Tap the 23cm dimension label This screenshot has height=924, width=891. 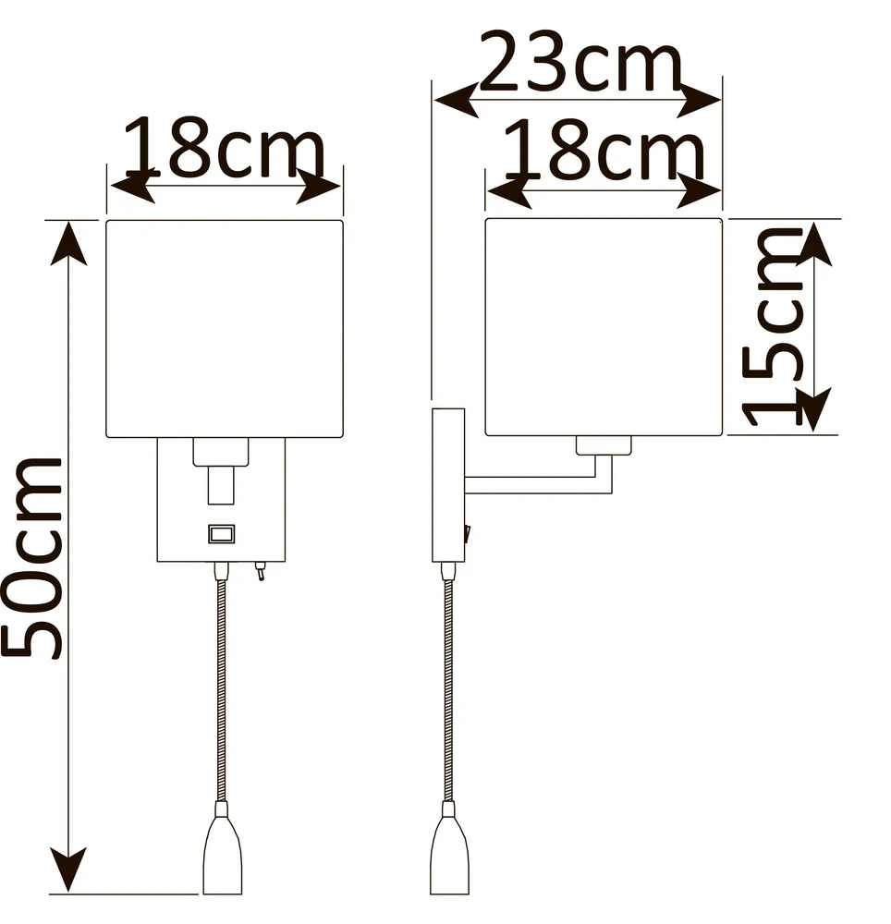tap(581, 62)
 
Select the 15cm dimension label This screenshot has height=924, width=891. tap(773, 326)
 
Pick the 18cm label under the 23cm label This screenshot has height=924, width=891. tap(604, 149)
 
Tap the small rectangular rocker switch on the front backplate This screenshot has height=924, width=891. tap(222, 534)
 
